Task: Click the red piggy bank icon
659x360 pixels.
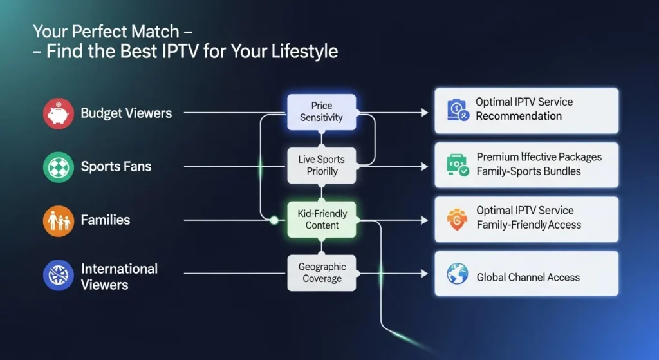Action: coord(59,113)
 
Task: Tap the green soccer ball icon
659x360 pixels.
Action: coord(59,167)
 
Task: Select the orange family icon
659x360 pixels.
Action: coord(59,221)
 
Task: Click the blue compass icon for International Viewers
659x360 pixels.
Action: coord(59,275)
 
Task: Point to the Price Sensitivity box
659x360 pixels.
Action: coord(322,112)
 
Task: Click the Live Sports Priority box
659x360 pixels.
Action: coord(322,166)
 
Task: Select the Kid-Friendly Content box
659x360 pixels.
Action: coord(322,220)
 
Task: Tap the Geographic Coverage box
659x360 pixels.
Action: coord(322,273)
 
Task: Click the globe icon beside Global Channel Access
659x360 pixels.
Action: coord(458,274)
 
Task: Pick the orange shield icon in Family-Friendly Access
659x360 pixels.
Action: coord(458,220)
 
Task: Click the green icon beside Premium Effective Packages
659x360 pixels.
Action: coord(458,165)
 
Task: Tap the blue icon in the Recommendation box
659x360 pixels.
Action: coord(458,110)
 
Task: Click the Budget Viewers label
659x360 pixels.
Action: coord(126,113)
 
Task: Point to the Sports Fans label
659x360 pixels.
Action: coord(116,167)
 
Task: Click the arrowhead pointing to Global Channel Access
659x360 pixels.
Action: coord(425,274)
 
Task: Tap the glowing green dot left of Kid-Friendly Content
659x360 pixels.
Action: coord(274,220)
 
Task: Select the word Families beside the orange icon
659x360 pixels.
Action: coord(106,220)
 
